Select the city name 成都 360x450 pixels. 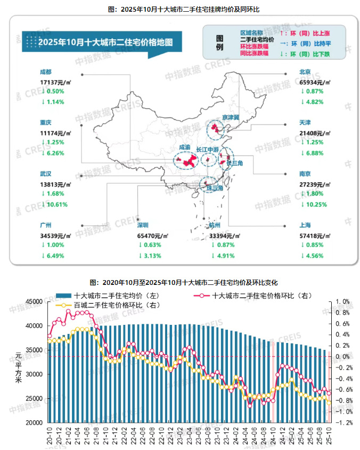point(46,71)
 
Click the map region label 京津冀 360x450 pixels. point(231,117)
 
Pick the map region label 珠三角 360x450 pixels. point(215,189)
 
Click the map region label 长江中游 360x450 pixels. point(208,149)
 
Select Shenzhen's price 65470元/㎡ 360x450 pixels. point(153,235)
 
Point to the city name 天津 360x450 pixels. point(306,122)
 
